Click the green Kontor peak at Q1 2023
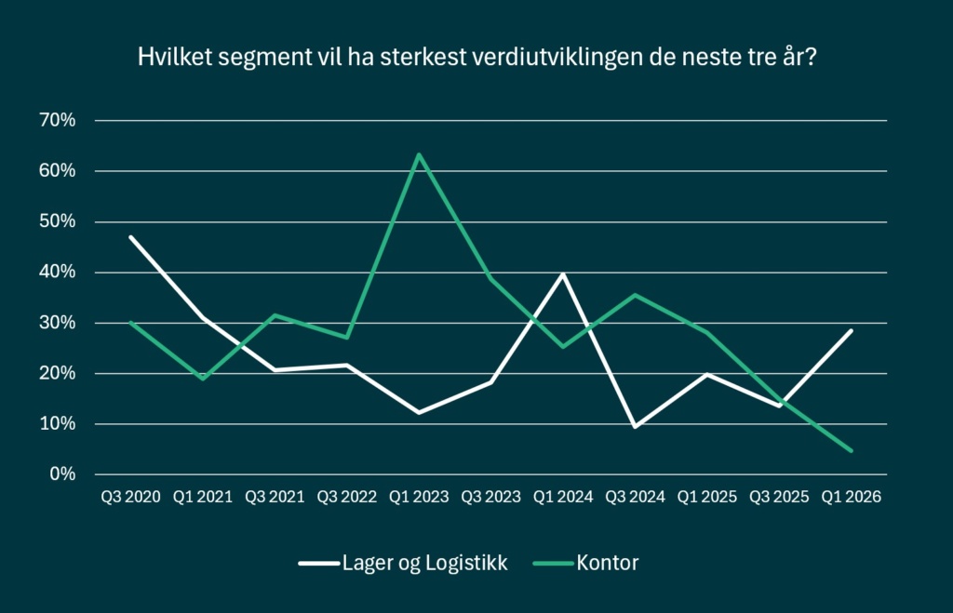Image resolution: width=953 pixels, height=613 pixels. point(419,154)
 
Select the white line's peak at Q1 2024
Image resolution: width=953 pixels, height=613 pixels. point(563,273)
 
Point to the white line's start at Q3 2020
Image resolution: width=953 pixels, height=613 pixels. point(131,237)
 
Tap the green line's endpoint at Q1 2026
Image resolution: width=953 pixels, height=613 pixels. point(851,451)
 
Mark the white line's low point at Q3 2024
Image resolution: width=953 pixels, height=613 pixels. point(635,427)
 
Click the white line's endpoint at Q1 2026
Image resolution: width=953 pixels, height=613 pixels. point(851,330)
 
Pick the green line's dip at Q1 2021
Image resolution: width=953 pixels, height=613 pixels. point(203,379)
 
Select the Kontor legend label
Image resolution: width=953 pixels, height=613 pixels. point(607,562)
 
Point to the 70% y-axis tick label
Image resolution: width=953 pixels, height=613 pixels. point(58,121)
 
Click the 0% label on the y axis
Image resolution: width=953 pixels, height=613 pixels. point(63,474)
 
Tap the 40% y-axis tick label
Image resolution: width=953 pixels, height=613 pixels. point(58,273)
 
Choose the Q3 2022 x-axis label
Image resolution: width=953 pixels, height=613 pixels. point(346,498)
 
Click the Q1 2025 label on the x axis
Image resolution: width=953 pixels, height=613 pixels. point(707,498)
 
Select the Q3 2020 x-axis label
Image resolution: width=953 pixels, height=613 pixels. point(131,498)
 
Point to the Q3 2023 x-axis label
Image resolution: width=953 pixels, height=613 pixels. point(490,498)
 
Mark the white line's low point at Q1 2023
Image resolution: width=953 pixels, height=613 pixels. point(419,412)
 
